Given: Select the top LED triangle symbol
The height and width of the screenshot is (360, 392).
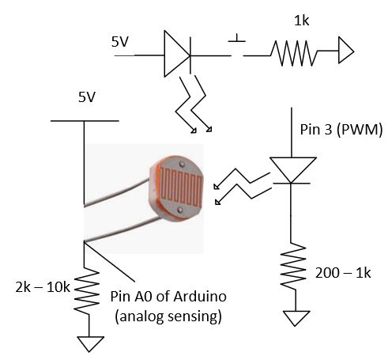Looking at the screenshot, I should click(176, 54).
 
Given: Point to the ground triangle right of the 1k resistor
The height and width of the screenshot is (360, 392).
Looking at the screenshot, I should click(345, 54).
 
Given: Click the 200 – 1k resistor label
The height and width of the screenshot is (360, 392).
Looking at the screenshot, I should click(342, 273).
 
